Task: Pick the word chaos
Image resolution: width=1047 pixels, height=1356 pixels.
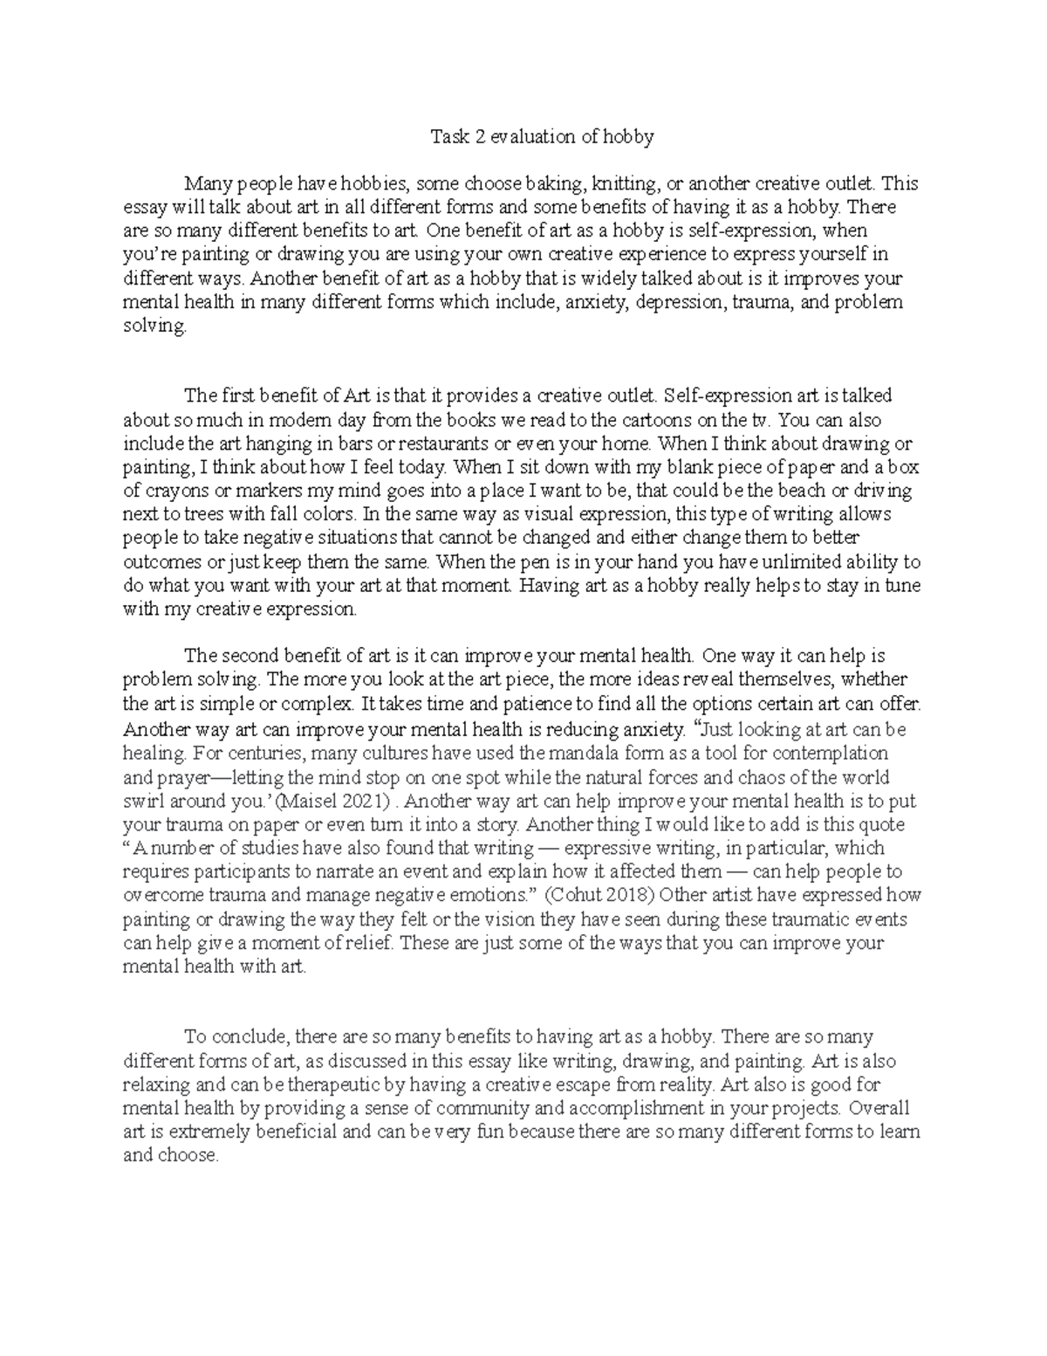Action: [x=765, y=777]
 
